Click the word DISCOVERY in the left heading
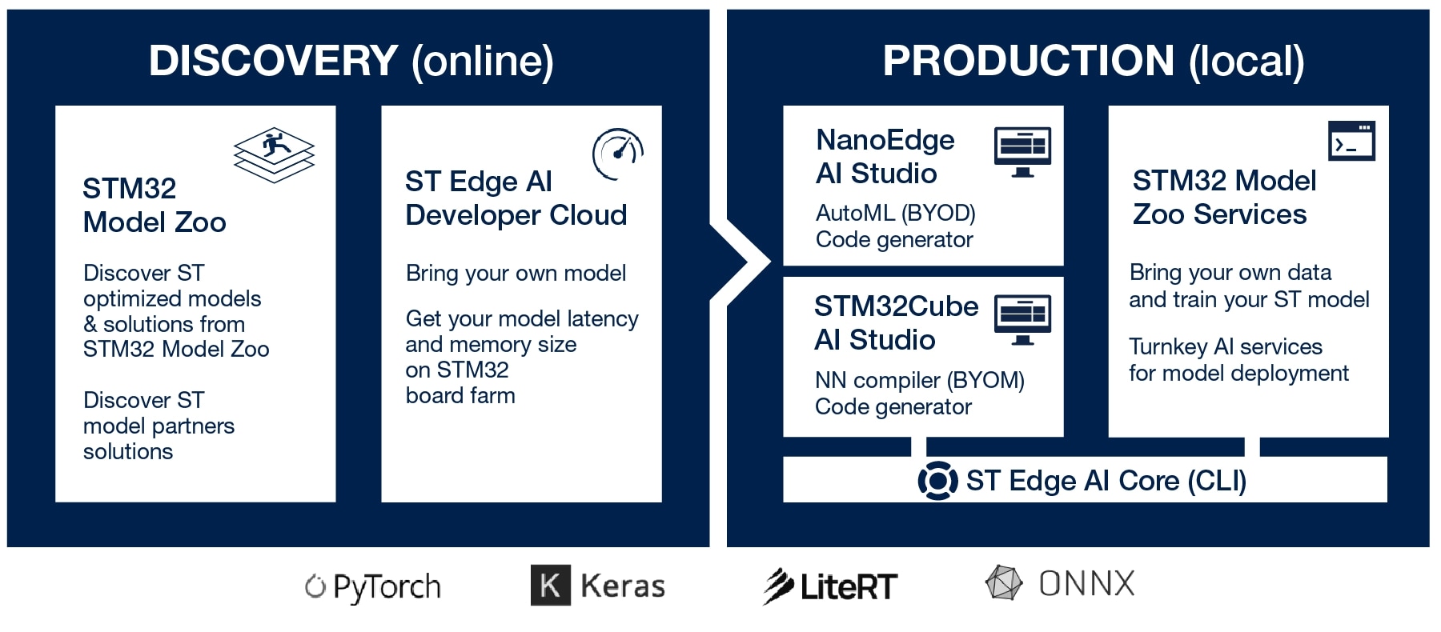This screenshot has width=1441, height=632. [273, 61]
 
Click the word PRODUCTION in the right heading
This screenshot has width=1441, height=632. [1028, 61]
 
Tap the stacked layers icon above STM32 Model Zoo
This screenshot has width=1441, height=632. [274, 154]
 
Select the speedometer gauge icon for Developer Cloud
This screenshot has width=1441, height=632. [617, 153]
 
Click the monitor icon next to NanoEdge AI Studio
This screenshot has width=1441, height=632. [1022, 151]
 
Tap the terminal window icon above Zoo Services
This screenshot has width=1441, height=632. [1351, 141]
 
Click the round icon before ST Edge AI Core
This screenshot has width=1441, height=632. [937, 481]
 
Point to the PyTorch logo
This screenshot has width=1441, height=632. [373, 587]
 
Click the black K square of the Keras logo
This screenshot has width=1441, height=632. [551, 585]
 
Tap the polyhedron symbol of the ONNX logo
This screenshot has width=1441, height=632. [1004, 583]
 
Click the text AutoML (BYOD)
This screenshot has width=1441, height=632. [895, 213]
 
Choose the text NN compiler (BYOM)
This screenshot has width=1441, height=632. [919, 380]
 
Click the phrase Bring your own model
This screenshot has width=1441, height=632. [516, 273]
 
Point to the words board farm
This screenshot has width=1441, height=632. [460, 395]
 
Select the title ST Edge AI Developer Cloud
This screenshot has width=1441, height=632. [516, 198]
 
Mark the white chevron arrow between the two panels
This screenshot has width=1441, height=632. [741, 262]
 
